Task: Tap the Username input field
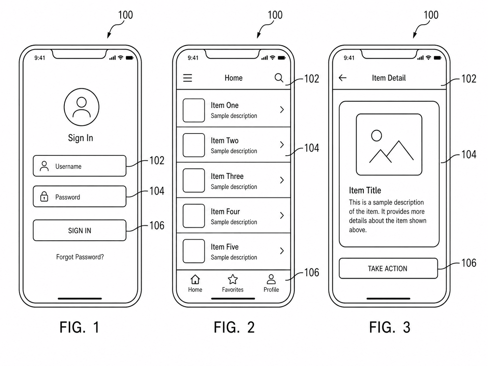pos(80,166)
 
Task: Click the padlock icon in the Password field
pos(44,196)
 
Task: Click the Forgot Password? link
pos(80,257)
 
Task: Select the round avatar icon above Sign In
pos(81,107)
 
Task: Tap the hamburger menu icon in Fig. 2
pos(187,78)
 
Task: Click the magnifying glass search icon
pos(279,78)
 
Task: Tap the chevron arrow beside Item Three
pos(282,180)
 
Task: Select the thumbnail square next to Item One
pos(194,111)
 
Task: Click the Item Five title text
pos(224,247)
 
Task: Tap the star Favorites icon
pos(233,279)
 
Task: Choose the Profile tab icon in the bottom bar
pos(271,279)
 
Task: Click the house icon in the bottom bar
pos(195,279)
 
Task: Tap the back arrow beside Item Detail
pos(342,78)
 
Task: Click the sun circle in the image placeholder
pos(376,135)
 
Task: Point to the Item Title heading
pos(365,190)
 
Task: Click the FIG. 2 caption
pos(234,327)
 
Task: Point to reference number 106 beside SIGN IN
pos(157,225)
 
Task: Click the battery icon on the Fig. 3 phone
pos(437,58)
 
